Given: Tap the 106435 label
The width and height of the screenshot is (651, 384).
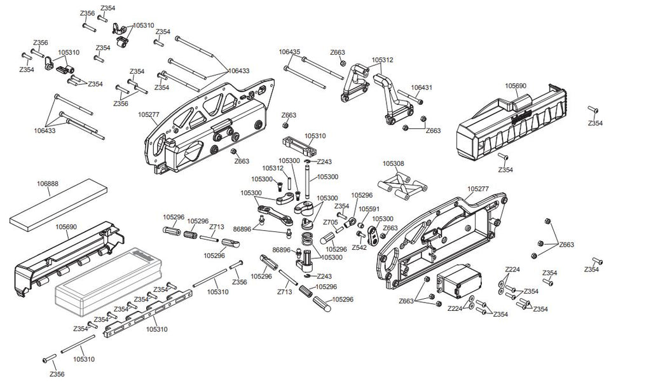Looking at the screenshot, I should click(x=289, y=51).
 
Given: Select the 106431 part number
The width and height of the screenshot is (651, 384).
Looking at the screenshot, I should click(x=421, y=87).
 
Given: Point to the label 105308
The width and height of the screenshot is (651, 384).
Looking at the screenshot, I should click(x=393, y=164).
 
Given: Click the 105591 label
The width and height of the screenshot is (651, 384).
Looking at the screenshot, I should click(x=369, y=209).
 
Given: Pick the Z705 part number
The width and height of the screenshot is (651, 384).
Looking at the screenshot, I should click(x=330, y=223).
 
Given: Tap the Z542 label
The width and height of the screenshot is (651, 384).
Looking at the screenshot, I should click(x=359, y=247).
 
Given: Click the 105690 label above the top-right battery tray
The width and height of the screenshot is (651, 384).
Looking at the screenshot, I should click(x=516, y=85).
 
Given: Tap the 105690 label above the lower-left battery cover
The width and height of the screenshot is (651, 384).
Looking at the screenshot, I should click(x=66, y=226).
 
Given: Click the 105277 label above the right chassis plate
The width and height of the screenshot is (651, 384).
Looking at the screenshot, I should click(x=478, y=189).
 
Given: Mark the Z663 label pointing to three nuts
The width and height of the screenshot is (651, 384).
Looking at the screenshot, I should click(x=566, y=244).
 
